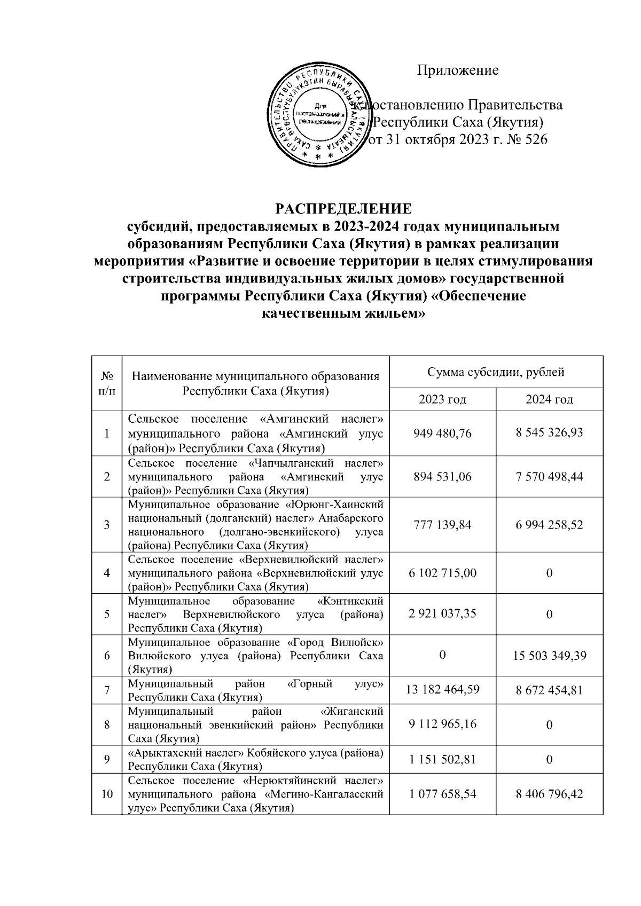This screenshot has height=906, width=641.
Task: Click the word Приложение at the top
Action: (x=458, y=70)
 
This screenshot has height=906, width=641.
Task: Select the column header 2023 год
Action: (x=442, y=399)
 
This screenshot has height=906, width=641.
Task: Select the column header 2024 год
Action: (x=549, y=399)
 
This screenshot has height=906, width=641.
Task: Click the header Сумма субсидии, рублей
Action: (x=496, y=372)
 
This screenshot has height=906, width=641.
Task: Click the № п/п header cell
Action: (x=107, y=382)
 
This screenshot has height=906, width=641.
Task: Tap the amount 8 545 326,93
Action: (x=549, y=433)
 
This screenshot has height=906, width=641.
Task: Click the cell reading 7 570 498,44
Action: (x=549, y=476)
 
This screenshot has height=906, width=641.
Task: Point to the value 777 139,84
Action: (x=443, y=525)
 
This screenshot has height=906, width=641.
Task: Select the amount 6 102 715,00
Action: (x=443, y=573)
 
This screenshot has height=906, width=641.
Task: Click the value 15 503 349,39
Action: (x=550, y=656)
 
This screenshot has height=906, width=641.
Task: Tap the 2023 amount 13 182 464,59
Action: (x=443, y=690)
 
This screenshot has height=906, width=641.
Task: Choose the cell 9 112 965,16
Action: (x=443, y=724)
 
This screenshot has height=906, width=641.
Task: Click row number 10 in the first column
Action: (x=107, y=794)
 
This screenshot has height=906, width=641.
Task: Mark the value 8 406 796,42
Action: (x=549, y=794)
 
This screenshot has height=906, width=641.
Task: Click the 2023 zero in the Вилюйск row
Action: (x=443, y=655)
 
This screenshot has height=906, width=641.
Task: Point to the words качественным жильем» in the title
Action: (x=343, y=314)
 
